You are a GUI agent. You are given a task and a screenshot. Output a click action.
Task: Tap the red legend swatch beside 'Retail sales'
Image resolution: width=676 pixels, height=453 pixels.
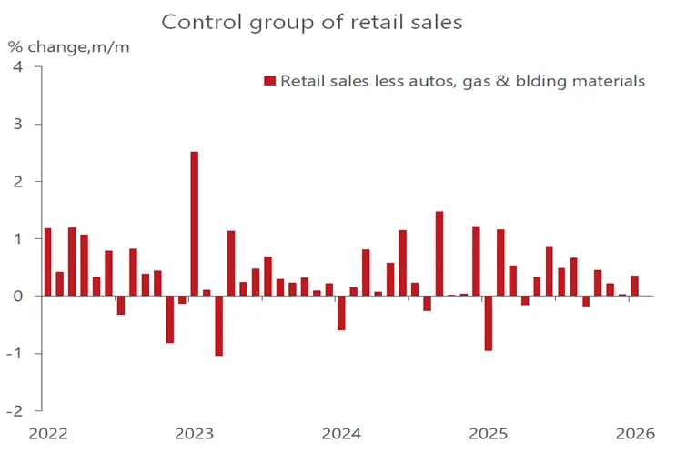[269, 82]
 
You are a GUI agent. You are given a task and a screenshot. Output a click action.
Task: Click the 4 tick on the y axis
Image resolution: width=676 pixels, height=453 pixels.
[15, 67]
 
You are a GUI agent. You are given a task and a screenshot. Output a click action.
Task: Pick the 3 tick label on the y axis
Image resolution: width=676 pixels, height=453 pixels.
[15, 125]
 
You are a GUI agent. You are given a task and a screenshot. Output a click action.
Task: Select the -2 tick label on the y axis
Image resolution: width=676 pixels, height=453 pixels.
[14, 410]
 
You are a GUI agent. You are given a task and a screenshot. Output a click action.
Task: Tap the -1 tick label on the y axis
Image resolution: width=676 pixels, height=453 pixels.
[14, 353]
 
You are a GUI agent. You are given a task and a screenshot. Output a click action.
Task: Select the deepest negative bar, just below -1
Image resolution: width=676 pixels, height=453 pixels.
[219, 326]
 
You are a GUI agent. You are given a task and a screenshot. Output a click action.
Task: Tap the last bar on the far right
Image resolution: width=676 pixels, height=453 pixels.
[634, 286]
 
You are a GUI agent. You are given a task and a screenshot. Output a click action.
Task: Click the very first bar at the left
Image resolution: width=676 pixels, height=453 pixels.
[47, 262]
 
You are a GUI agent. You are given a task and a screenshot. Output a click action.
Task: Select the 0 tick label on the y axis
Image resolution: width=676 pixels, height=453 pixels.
[15, 297]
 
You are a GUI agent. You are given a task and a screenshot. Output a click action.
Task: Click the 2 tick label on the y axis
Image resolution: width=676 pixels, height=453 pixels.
[15, 182]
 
